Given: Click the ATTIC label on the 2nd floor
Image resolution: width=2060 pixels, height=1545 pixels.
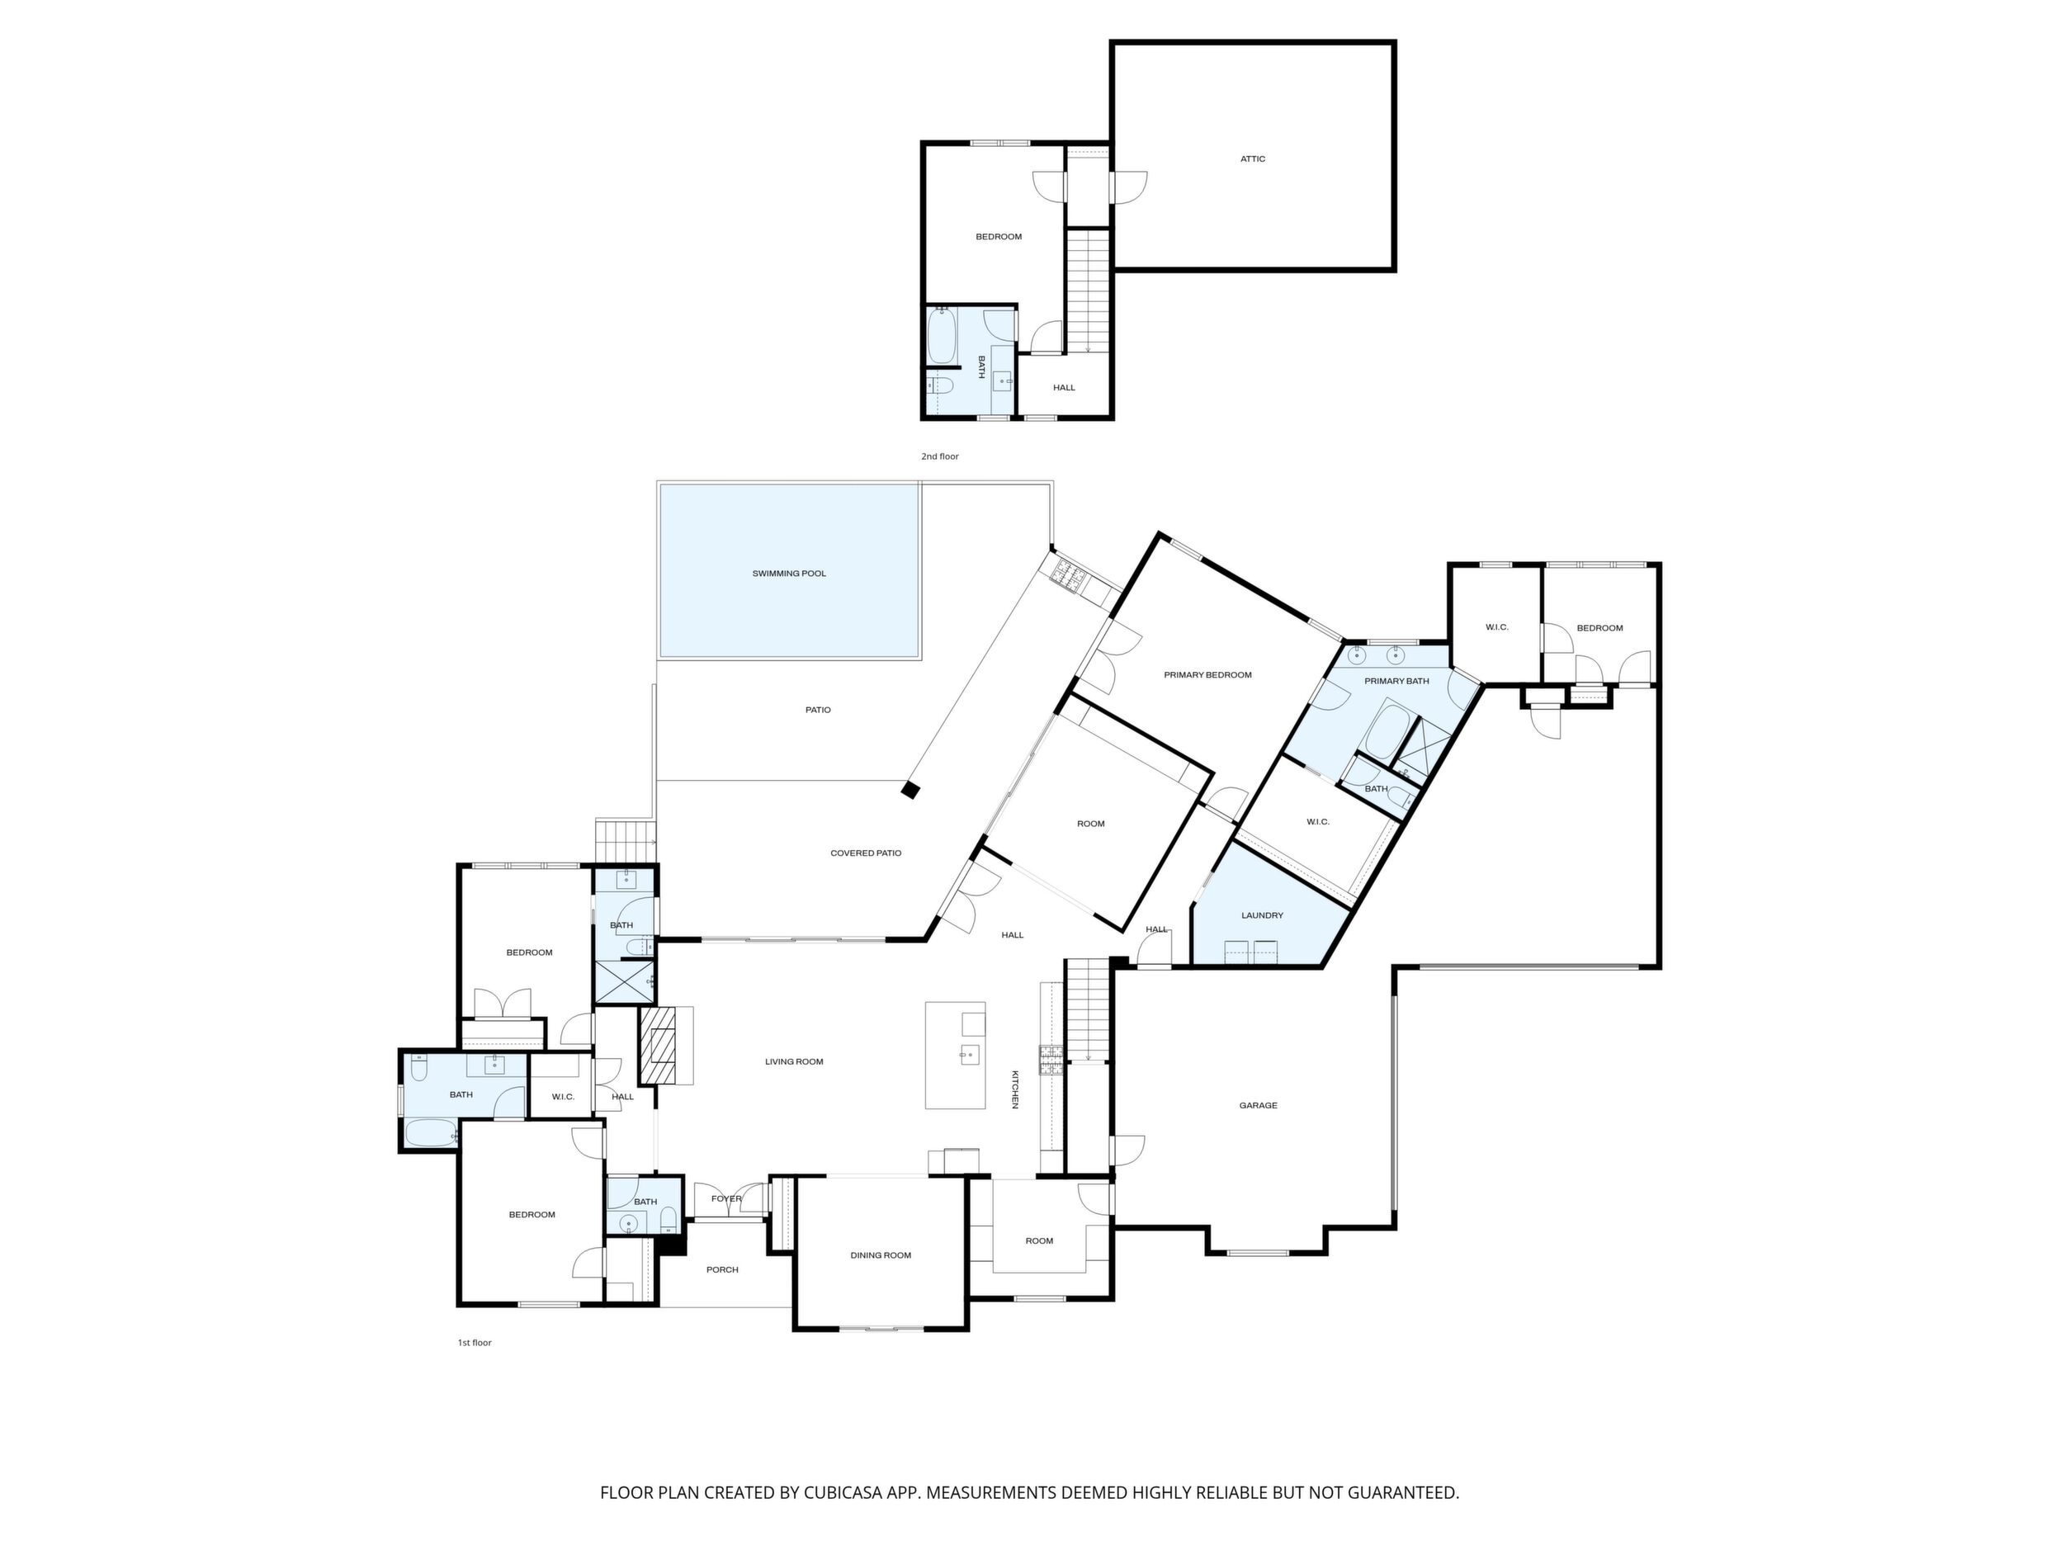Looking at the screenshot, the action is click(1253, 159).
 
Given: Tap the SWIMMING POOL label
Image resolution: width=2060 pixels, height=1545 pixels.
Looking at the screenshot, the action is click(789, 574).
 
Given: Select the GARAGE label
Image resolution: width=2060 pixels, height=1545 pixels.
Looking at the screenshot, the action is click(1258, 1105).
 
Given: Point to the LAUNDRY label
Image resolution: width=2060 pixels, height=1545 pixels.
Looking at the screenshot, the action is click(1262, 915).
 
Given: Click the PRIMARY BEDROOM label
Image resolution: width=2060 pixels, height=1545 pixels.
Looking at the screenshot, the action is click(1208, 675).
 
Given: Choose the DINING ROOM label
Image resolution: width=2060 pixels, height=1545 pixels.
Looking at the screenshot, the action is click(880, 1255).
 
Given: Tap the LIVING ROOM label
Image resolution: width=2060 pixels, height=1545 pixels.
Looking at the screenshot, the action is click(795, 1061).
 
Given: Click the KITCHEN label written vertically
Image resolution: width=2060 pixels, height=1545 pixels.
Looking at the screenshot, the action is click(1016, 1089).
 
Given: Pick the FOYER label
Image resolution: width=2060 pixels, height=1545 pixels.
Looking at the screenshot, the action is click(726, 1198).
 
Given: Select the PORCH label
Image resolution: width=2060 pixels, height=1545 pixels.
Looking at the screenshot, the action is click(723, 1269).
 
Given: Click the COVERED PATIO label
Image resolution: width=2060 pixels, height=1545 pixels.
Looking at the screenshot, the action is click(866, 853).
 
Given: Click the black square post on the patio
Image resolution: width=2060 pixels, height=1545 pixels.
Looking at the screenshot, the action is click(910, 790).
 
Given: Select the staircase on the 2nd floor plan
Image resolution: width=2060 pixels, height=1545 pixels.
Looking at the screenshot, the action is click(1089, 291).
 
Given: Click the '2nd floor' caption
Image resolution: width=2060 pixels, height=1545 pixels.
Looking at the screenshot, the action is click(940, 457).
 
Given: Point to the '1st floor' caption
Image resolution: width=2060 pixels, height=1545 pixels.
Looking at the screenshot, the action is click(474, 1343).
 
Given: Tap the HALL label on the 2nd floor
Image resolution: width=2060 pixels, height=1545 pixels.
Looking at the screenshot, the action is click(1065, 387).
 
